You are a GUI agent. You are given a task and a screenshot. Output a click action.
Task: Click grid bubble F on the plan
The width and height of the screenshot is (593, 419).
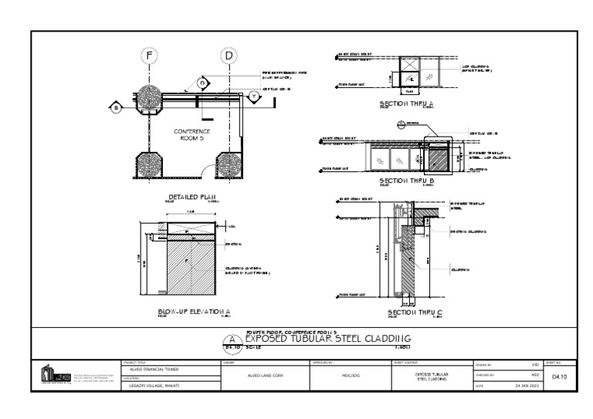pyautogui.click(x=149, y=55)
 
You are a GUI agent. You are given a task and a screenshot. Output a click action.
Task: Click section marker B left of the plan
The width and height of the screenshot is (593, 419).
pyautogui.click(x=115, y=106)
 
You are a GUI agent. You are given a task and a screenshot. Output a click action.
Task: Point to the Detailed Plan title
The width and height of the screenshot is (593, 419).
pyautogui.click(x=188, y=198)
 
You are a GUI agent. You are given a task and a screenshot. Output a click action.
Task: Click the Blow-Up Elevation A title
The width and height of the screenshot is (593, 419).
pyautogui.click(x=188, y=311)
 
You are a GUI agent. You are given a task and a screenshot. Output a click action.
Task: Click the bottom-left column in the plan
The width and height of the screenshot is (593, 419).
pyautogui.click(x=148, y=164)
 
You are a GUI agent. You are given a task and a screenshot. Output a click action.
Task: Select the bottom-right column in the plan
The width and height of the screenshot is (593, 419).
pyautogui.click(x=229, y=164)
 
